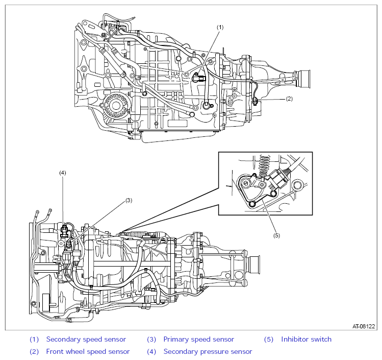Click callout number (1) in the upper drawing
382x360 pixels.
tap(220, 27)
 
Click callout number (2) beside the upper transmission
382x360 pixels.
tap(289, 99)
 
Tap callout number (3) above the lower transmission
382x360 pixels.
tap(129, 201)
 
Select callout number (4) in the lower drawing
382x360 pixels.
tap(63, 173)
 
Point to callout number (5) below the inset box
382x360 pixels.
tap(276, 235)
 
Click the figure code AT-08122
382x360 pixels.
tap(364, 326)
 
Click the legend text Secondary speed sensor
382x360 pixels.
tap(86, 339)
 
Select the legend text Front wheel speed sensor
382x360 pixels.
tap(88, 351)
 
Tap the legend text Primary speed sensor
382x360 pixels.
tap(198, 339)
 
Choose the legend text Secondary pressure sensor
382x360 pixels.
tap(208, 351)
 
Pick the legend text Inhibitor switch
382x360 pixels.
tap(306, 339)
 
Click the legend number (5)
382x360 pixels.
tap(269, 339)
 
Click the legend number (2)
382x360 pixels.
tap(34, 351)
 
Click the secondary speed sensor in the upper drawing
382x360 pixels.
tap(199, 78)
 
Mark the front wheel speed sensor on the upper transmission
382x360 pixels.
tap(255, 101)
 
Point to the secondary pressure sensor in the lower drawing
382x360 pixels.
tap(64, 231)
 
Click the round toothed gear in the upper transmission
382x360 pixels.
tap(115, 105)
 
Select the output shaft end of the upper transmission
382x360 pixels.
tap(304, 78)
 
